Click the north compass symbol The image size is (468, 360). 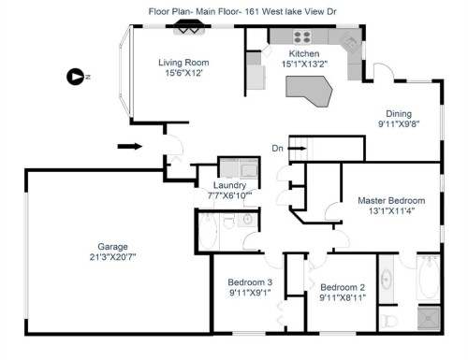(x=75, y=77)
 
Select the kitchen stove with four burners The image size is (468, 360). (x=303, y=38)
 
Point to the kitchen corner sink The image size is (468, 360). (x=347, y=43)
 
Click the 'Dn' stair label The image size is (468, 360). (x=277, y=148)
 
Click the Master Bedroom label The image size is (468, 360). (x=391, y=200)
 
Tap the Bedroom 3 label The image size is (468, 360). (x=250, y=282)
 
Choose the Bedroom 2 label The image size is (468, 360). (x=342, y=287)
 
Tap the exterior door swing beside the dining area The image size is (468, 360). (x=378, y=73)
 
